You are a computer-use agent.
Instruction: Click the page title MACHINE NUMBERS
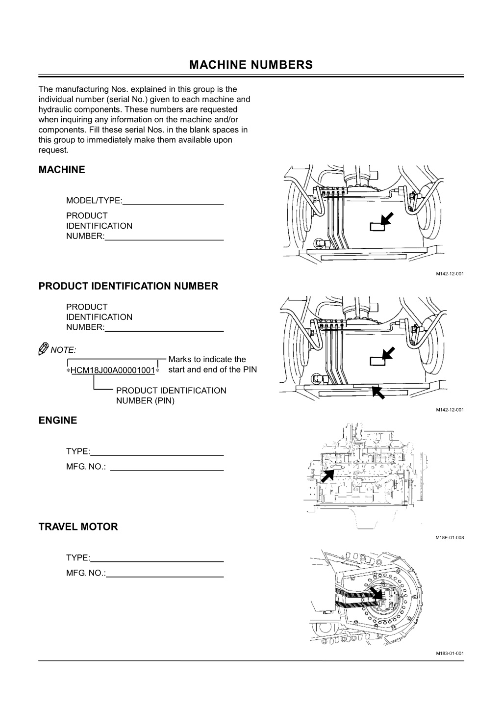point(251,65)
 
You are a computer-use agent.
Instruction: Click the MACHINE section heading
point(62,170)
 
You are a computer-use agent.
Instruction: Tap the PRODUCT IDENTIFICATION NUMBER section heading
point(128,286)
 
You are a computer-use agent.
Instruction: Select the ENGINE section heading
point(58,421)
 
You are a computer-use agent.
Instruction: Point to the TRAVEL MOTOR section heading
point(78,527)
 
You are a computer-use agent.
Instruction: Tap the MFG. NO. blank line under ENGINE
point(167,470)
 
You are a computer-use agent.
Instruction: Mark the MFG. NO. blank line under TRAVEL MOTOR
point(165,576)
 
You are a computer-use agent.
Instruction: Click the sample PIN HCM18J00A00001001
point(113,370)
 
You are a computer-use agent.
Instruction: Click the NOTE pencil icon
point(44,349)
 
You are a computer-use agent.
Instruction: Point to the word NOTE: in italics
point(64,350)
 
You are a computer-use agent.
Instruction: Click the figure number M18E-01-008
point(450,538)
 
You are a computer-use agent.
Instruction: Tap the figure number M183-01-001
point(450,653)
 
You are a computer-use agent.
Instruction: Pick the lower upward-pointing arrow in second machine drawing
point(378,393)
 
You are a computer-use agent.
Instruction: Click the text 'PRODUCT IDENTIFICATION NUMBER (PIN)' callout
point(171,395)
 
